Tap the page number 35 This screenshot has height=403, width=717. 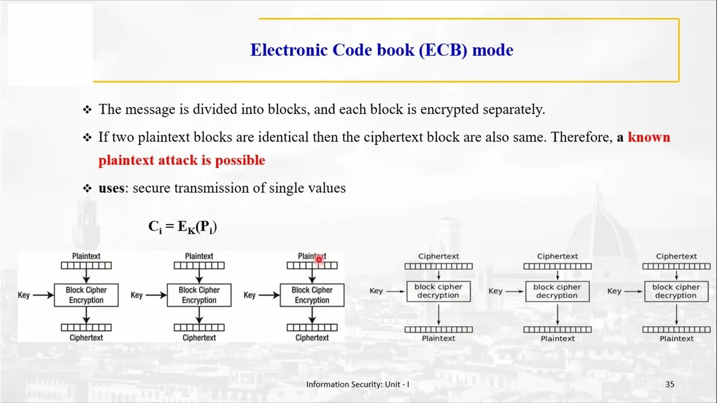click(x=670, y=385)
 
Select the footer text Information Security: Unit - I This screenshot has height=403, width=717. click(x=357, y=385)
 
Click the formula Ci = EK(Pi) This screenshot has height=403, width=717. click(x=183, y=227)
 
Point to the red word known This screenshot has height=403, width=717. click(x=649, y=138)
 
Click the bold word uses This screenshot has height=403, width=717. click(x=111, y=188)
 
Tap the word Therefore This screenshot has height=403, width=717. click(x=581, y=138)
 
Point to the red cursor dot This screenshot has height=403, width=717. click(x=319, y=259)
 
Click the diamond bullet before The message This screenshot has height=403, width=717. click(x=87, y=110)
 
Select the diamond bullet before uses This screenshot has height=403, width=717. click(x=87, y=189)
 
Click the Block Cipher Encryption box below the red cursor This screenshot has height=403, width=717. click(x=312, y=295)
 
